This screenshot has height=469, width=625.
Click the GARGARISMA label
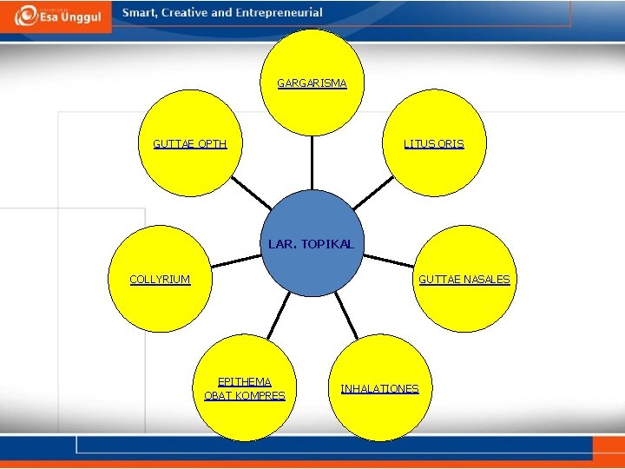click(312, 83)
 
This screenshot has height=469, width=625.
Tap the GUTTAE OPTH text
click(189, 144)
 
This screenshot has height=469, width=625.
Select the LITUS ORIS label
click(433, 144)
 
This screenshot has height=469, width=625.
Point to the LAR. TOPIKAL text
click(311, 245)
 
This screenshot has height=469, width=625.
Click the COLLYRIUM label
click(160, 280)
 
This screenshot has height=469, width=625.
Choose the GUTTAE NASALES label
click(464, 280)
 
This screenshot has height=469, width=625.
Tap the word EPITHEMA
click(244, 381)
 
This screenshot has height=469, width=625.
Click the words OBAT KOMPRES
click(244, 396)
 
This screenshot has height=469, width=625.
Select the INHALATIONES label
click(379, 389)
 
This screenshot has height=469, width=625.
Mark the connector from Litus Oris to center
click(374, 193)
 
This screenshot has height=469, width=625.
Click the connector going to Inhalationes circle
click(346, 314)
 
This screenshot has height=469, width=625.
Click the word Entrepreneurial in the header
click(279, 13)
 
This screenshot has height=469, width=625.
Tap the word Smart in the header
click(140, 13)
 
